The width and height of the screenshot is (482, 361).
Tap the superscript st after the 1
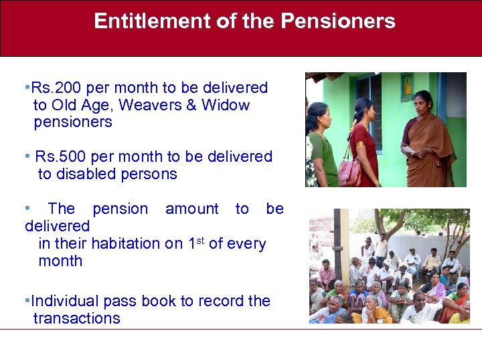tap(202, 239)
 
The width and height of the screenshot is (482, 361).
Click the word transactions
tap(76, 318)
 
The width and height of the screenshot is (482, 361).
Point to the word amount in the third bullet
tap(191, 209)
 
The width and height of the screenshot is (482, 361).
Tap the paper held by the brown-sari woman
tap(408, 151)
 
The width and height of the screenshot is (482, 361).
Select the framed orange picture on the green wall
tap(407, 88)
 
